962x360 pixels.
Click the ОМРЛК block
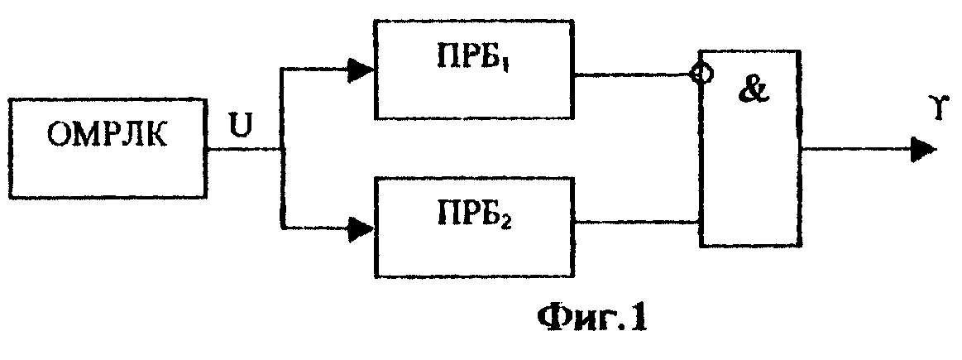(108, 146)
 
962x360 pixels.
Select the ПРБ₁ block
(474, 69)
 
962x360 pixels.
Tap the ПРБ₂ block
(474, 228)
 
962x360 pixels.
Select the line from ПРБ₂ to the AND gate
(638, 220)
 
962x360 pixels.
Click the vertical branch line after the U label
(282, 149)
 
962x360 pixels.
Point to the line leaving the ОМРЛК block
(243, 149)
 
